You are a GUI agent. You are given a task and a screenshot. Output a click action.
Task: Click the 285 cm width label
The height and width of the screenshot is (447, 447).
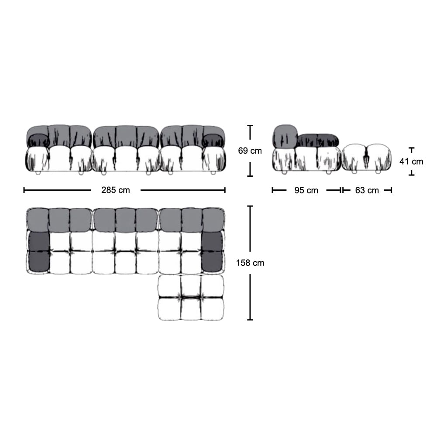point(116,190)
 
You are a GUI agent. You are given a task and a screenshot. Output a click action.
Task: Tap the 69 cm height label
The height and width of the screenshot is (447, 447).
point(250,151)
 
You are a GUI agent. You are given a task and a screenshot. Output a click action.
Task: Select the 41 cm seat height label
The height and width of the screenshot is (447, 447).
point(411,162)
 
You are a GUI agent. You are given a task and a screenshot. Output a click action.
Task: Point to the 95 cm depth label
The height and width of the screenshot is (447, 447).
point(306,190)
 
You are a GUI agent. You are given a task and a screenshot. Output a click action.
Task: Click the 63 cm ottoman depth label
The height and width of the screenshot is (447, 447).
point(367,190)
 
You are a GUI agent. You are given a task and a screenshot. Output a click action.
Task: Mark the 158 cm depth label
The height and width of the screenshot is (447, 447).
point(251,263)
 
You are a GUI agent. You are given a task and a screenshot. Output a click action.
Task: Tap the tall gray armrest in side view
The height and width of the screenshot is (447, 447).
point(285,136)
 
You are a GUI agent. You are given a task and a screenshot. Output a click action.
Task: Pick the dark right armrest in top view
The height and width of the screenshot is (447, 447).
point(213,251)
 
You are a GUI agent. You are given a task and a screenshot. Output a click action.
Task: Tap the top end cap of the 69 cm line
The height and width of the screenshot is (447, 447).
point(250,126)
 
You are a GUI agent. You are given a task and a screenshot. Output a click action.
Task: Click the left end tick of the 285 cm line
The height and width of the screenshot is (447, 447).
point(24,190)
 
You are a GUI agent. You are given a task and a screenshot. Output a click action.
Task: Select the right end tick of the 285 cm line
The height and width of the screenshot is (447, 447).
point(225,190)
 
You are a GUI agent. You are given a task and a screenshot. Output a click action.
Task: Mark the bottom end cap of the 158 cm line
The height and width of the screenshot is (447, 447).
point(250,320)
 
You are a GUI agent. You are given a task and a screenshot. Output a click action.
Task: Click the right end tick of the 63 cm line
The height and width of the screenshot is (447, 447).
point(391,190)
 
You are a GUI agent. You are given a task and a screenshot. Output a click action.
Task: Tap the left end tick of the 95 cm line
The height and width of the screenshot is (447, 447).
point(272,190)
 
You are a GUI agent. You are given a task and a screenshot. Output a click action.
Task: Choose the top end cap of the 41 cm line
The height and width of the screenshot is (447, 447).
point(411,148)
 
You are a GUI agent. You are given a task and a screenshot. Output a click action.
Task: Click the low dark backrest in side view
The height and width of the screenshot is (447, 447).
point(318,140)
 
